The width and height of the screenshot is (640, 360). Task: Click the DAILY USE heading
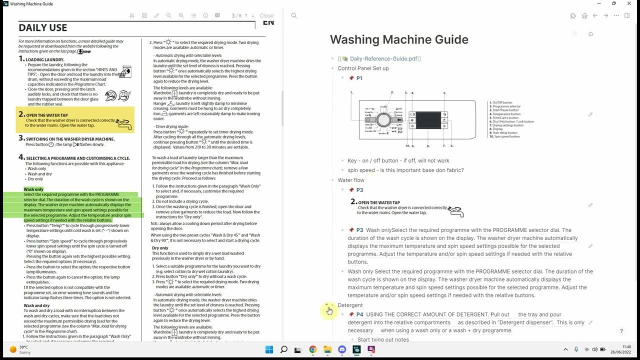(x=43, y=28)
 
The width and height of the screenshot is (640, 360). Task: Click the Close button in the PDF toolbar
(x=266, y=16)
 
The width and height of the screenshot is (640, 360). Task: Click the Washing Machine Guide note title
(x=399, y=39)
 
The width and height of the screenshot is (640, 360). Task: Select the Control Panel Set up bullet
(x=363, y=68)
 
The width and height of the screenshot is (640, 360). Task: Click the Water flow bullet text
(x=351, y=180)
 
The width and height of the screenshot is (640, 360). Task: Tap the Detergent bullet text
(x=350, y=305)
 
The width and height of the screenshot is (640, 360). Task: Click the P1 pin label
(x=359, y=78)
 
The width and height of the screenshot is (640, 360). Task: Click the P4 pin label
(x=359, y=314)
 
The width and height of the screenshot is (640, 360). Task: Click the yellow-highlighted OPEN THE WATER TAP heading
(x=47, y=115)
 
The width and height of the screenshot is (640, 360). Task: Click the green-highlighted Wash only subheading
(x=33, y=189)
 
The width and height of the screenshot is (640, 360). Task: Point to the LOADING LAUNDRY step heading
(x=45, y=60)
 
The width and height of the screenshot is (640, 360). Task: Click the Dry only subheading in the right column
(x=160, y=248)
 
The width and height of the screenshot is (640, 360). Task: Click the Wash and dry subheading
(x=36, y=305)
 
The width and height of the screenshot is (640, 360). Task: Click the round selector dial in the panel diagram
(x=383, y=120)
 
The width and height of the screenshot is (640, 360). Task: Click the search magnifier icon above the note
(x=294, y=16)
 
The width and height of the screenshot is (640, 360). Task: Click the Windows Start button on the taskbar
(x=268, y=349)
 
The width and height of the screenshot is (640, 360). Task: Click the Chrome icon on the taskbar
(x=312, y=349)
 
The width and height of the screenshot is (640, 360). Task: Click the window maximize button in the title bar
(x=614, y=3)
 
